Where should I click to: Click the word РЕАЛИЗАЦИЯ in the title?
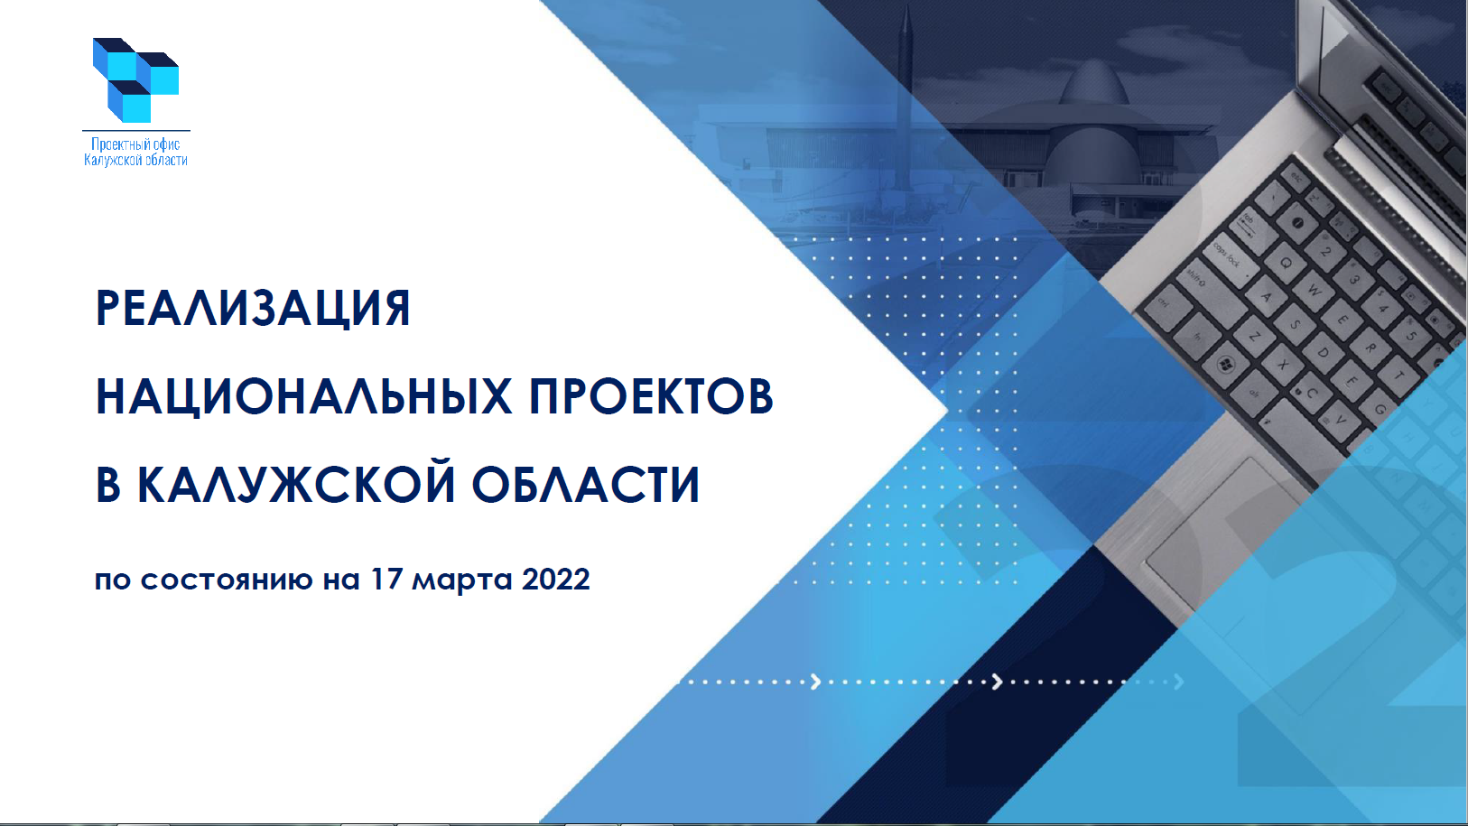pos(253,308)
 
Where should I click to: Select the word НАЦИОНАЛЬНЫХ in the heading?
pos(303,396)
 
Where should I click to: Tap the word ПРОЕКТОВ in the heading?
pos(652,396)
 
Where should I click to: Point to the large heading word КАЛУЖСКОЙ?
pos(296,485)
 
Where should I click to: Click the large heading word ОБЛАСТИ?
pos(586,485)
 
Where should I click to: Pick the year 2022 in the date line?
pos(556,580)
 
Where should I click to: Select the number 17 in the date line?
pos(386,580)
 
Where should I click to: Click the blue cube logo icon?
pos(135,80)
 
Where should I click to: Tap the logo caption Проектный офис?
pos(135,144)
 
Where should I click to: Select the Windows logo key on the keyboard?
pos(1224,364)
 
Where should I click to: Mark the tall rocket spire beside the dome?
pos(906,98)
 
